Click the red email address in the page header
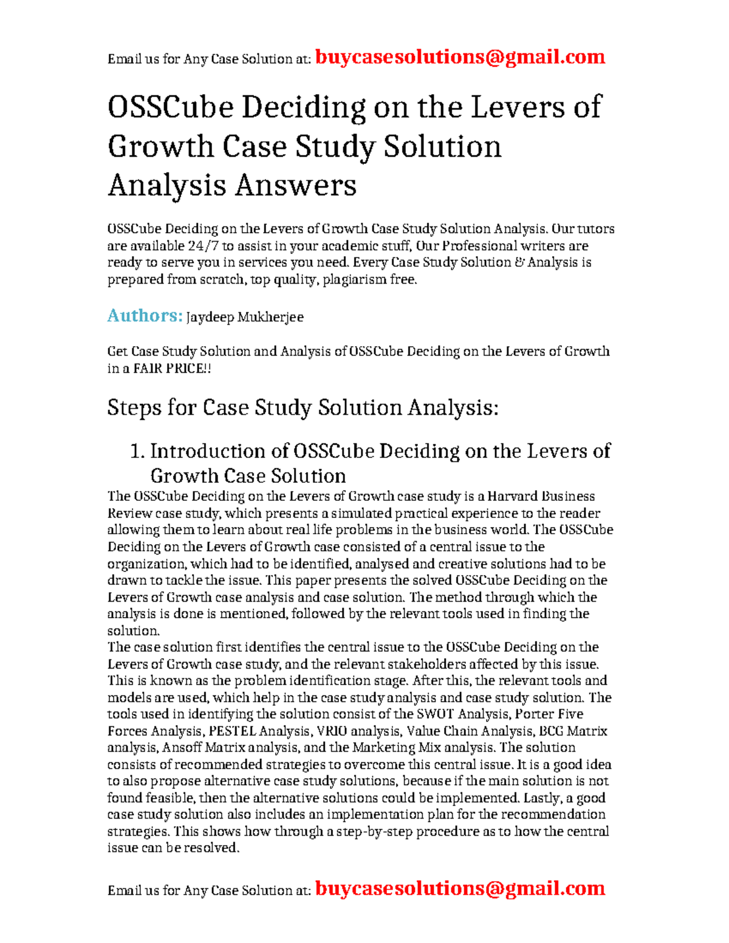pos(460,57)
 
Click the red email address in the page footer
pos(460,888)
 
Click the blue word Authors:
pos(145,316)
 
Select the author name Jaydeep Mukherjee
pos(244,317)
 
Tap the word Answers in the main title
pos(295,185)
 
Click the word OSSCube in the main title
pos(170,107)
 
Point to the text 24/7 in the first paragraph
pos(206,246)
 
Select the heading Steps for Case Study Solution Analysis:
pos(303,407)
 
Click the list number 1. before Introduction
pos(137,451)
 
